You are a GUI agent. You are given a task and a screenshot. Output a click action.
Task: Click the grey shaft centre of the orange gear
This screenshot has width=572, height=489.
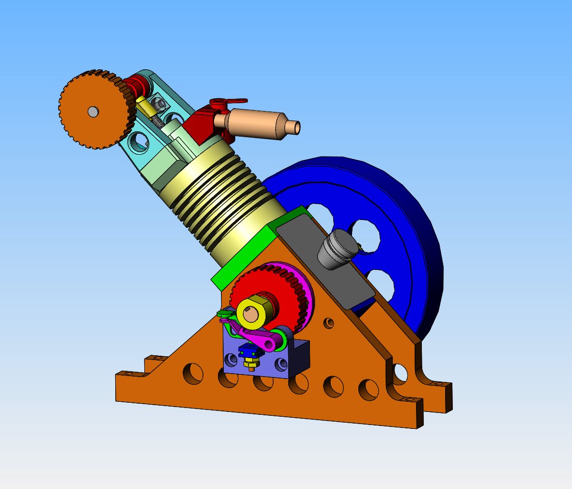93,112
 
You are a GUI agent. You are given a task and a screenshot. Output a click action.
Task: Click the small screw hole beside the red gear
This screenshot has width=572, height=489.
329,322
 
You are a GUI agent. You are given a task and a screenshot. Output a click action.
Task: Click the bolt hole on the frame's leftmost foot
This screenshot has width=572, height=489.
127,374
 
